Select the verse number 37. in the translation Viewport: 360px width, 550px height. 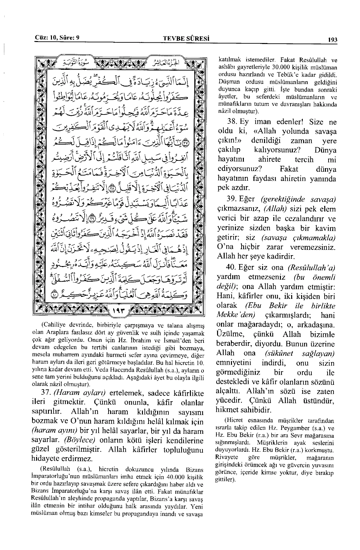[46, 393]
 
